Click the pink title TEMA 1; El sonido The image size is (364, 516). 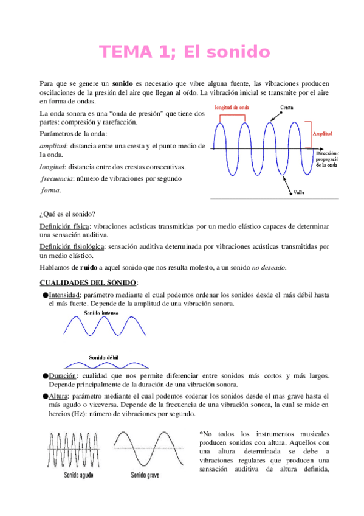(x=184, y=52)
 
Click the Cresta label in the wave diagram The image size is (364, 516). (x=289, y=107)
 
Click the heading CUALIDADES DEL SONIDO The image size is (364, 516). (x=88, y=282)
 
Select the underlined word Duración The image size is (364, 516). (x=63, y=375)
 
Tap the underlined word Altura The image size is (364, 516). (x=60, y=396)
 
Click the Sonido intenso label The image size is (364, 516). (x=101, y=312)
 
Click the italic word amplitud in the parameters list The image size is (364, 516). (x=53, y=146)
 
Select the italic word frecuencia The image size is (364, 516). (x=57, y=178)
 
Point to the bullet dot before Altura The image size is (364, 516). (x=45, y=396)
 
